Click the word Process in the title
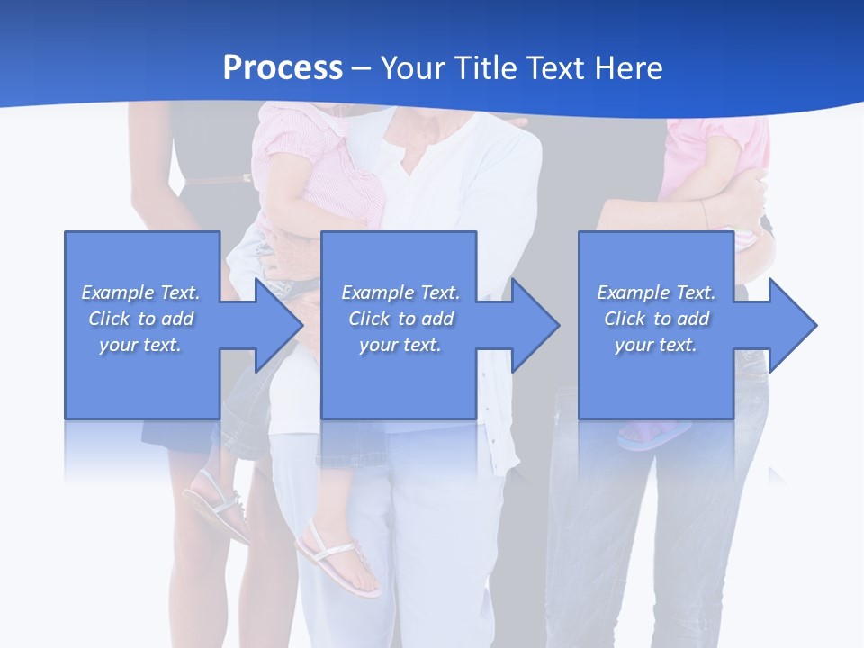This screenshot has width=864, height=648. tap(283, 68)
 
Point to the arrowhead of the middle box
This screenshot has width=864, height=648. tap(533, 325)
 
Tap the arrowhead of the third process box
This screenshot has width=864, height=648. tap(790, 325)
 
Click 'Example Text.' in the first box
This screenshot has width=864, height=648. tap(140, 292)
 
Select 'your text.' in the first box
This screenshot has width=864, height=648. tap(140, 345)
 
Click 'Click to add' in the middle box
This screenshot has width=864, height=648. tap(400, 319)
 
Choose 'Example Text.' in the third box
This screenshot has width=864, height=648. tap(656, 292)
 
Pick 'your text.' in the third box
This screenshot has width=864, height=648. tap(656, 345)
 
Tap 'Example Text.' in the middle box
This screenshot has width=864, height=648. tap(400, 292)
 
